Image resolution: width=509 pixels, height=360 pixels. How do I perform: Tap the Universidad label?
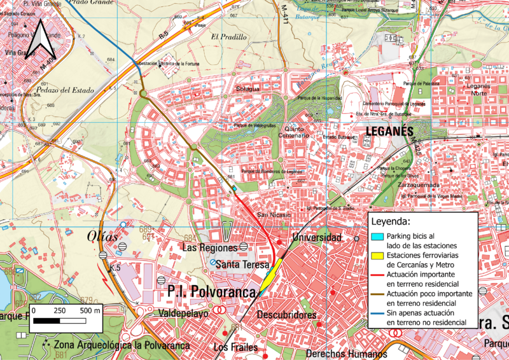pyautogui.click(x=313, y=237)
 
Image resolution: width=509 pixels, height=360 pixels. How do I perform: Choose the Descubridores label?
pyautogui.click(x=287, y=315)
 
